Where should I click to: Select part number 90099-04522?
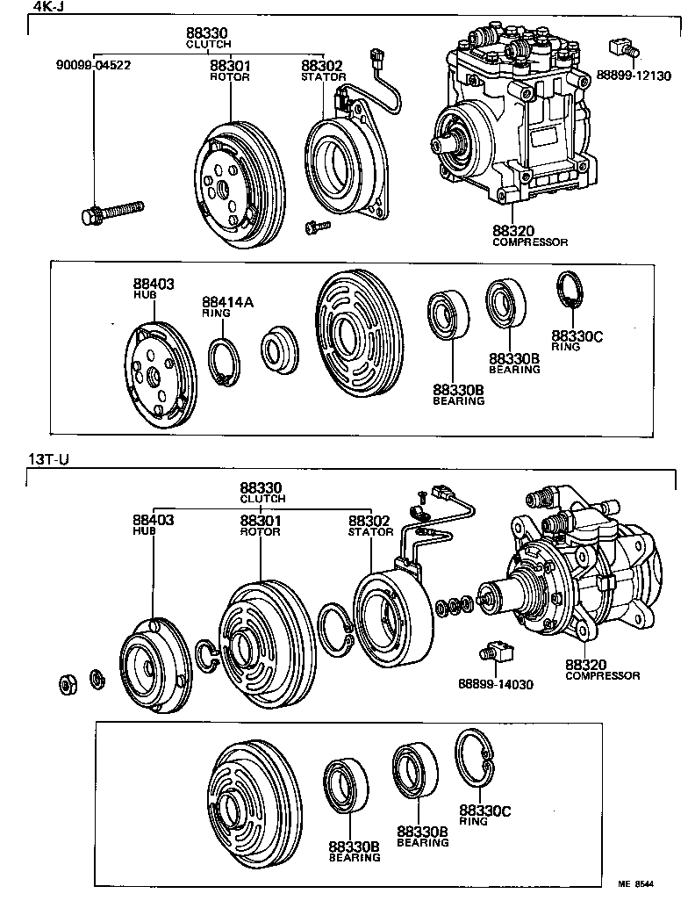94,65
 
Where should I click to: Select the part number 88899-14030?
494,684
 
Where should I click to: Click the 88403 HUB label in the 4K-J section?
154,288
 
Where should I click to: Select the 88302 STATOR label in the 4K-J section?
323,69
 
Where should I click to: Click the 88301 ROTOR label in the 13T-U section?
261,524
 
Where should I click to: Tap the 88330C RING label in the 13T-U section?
484,814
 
